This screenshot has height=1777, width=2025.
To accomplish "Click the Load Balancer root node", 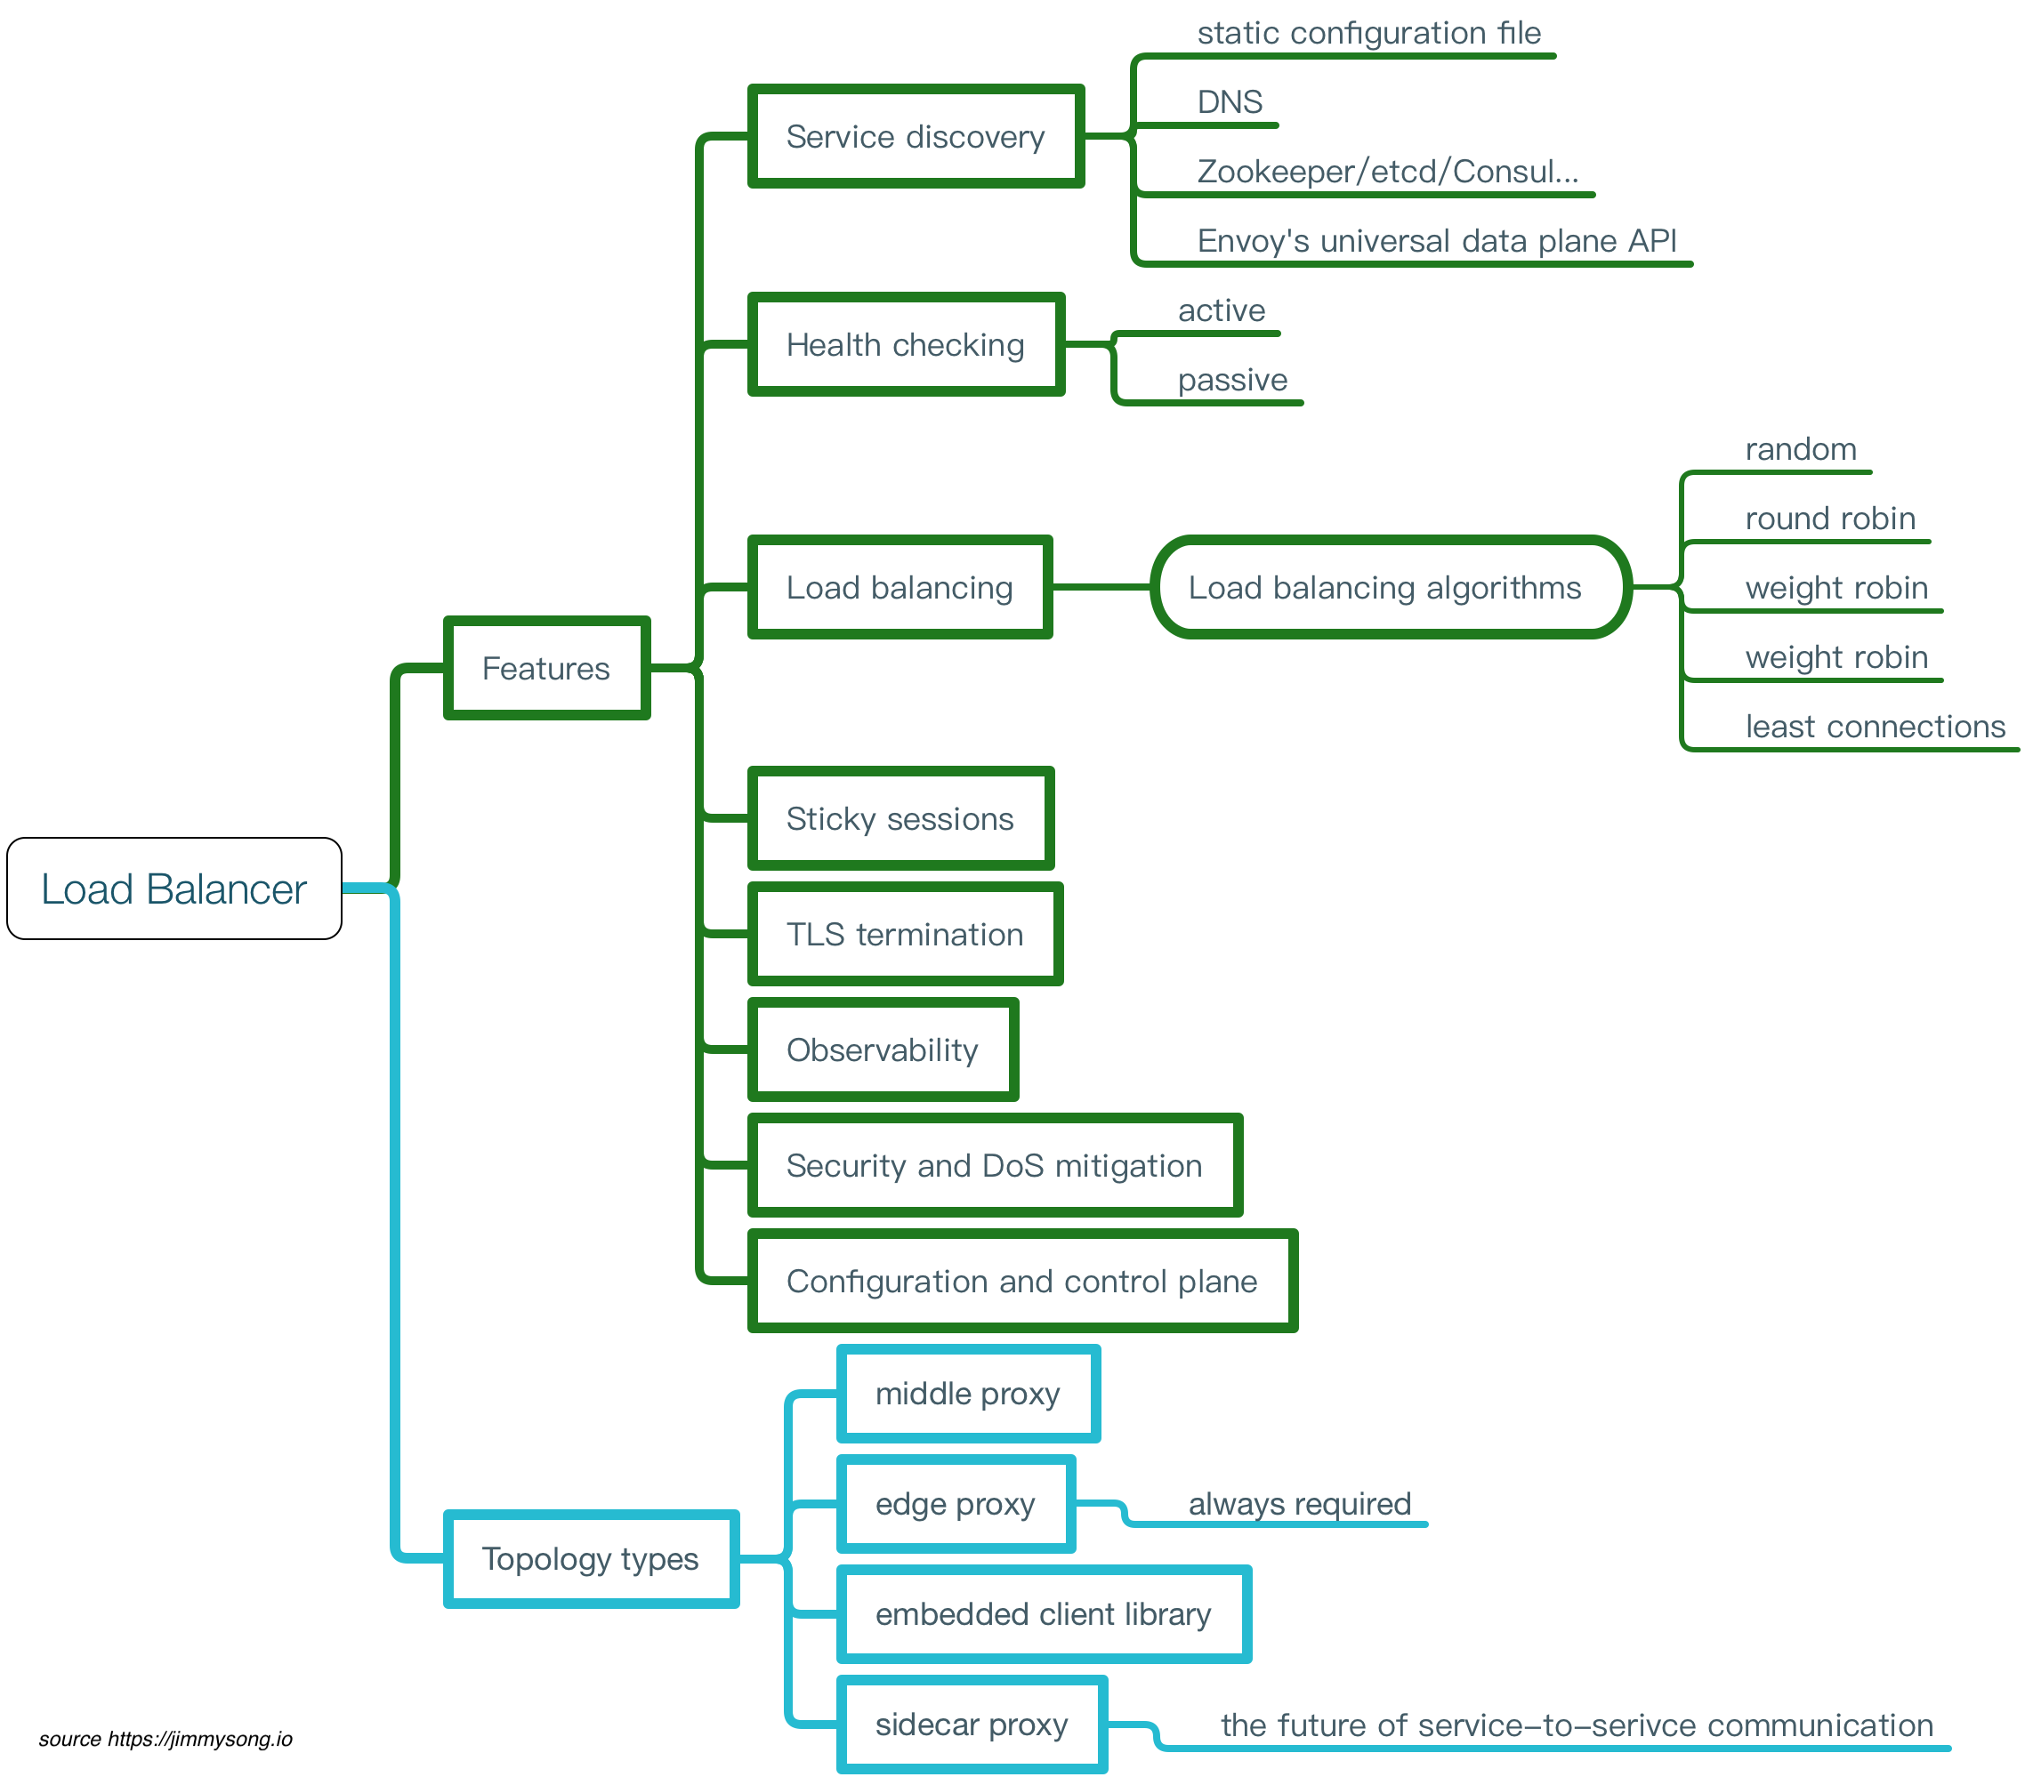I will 173,888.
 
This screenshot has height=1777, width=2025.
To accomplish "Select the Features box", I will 546,669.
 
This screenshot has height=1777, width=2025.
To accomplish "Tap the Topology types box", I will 591,1559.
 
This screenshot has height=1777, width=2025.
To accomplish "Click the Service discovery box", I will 916,137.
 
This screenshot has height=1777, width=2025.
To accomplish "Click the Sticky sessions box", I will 900,819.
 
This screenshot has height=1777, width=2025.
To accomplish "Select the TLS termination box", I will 905,934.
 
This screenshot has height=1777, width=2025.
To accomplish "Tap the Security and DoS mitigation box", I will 995,1166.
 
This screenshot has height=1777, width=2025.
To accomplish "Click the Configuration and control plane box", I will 1021,1282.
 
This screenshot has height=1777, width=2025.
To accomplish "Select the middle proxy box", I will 968,1394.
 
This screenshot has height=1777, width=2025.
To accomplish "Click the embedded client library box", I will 1044,1614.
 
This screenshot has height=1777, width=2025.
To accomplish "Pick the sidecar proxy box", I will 972,1725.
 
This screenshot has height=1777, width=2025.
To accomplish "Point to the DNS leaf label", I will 1230,102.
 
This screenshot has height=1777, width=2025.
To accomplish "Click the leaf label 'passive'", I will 1232,380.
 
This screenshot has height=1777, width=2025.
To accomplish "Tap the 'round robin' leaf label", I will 1830,518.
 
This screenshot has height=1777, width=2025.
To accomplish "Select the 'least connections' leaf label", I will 1875,726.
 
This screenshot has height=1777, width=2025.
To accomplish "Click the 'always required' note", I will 1300,1504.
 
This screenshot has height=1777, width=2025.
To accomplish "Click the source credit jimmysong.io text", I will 165,1740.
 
